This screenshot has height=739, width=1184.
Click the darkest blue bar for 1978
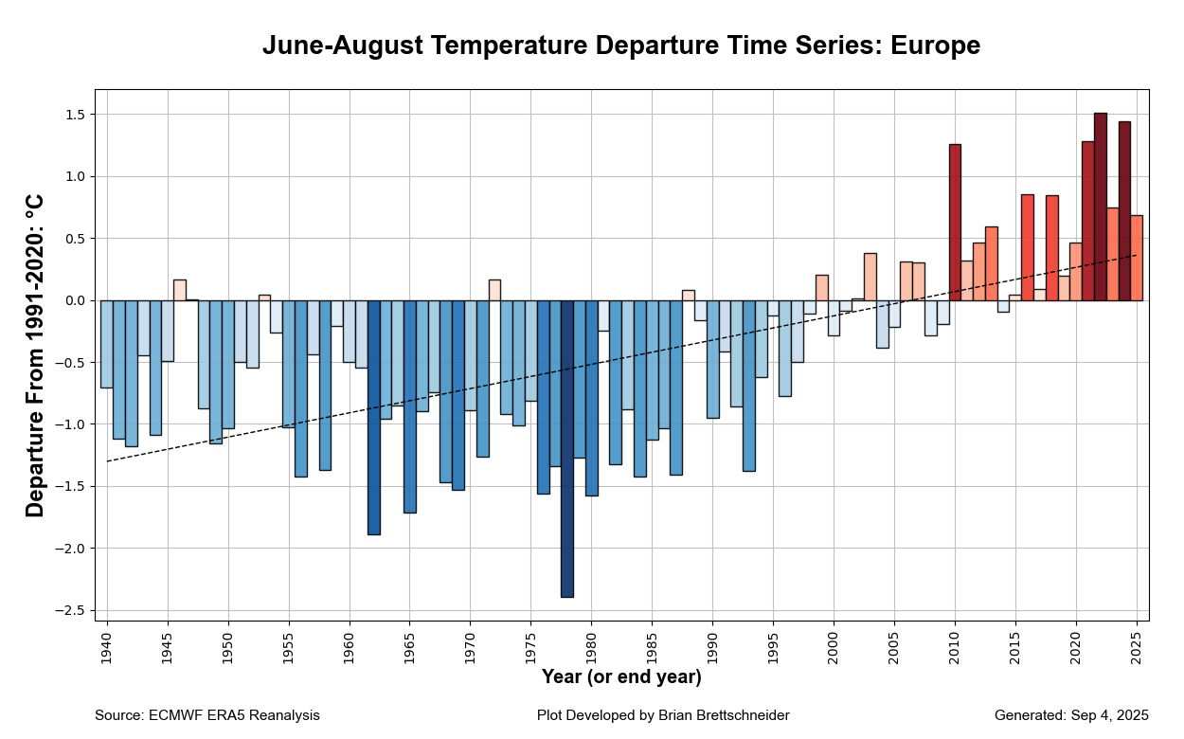[566, 448]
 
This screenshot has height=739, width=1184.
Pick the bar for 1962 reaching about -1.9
[373, 417]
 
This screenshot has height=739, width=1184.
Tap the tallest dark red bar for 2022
[1100, 207]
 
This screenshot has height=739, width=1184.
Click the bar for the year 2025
[1137, 258]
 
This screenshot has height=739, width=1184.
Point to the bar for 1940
[106, 344]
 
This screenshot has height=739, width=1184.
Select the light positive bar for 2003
[870, 277]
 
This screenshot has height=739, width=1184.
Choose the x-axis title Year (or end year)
[621, 677]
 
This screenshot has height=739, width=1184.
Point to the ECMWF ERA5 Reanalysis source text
[234, 715]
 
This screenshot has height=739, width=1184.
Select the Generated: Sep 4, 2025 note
[1071, 715]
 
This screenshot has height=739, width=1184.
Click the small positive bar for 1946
[179, 290]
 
